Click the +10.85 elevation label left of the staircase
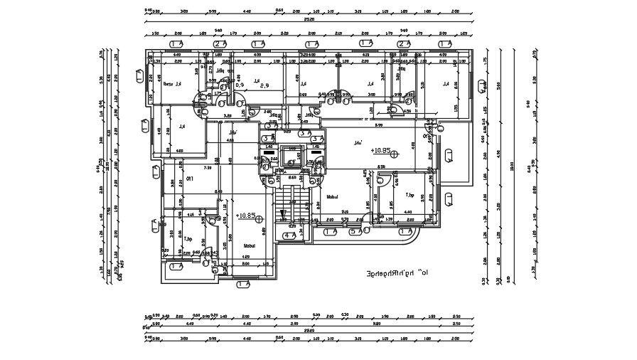246,214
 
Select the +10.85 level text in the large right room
381,152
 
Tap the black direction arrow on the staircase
282,213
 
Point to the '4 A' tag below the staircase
289,235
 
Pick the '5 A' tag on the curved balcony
366,230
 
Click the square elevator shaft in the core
291,156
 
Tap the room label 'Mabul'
249,245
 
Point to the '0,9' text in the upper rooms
240,85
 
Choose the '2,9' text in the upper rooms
264,86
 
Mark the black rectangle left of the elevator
268,152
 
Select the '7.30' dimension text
208,169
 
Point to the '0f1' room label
190,178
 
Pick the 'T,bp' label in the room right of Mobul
409,195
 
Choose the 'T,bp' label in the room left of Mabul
188,239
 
